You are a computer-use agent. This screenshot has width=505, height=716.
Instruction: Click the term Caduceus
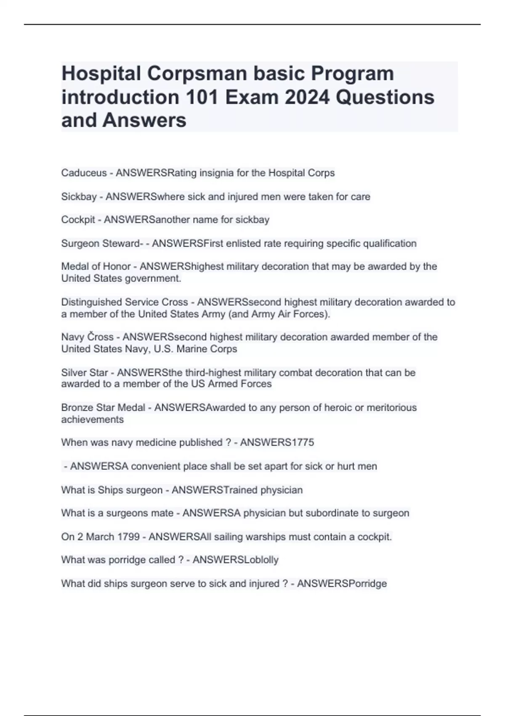click(84, 173)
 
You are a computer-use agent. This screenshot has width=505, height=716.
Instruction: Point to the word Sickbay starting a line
click(79, 197)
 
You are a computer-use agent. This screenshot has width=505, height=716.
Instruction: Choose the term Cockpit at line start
click(78, 220)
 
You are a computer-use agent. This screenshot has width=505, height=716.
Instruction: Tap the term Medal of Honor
click(96, 267)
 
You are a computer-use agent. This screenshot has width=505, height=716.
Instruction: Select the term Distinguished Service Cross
click(124, 302)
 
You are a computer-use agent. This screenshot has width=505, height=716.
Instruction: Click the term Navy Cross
click(87, 337)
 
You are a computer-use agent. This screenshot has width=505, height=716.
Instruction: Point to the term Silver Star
click(84, 373)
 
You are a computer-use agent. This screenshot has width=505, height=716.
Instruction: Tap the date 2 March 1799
click(100, 537)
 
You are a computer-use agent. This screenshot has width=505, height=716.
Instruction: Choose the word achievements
click(92, 419)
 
